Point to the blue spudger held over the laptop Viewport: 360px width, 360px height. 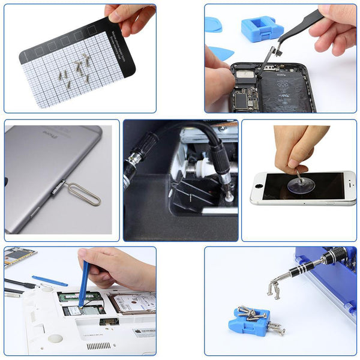pos(83,282)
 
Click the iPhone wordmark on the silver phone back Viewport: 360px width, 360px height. pos(47,134)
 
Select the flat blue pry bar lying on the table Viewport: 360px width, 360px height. pos(49,280)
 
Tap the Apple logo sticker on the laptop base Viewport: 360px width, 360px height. pos(144,332)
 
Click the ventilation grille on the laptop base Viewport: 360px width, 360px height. pos(99,346)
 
